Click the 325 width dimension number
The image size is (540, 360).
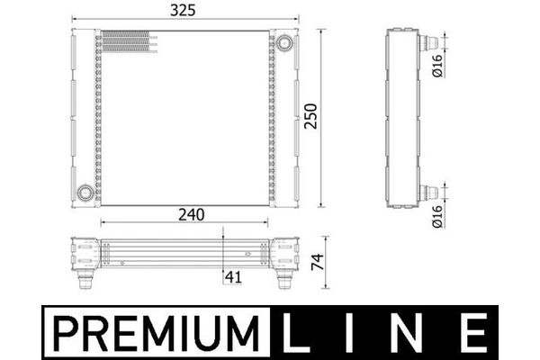click(183, 10)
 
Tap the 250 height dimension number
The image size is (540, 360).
click(310, 116)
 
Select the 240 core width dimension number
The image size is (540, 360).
click(191, 214)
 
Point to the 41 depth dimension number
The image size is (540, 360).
click(233, 277)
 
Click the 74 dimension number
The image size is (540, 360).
click(318, 262)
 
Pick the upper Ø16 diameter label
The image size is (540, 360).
click(436, 66)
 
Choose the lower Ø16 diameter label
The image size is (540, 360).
click(436, 216)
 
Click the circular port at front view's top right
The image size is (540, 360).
click(284, 43)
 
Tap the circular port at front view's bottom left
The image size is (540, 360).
click(85, 193)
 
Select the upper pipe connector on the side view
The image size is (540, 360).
click(428, 42)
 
